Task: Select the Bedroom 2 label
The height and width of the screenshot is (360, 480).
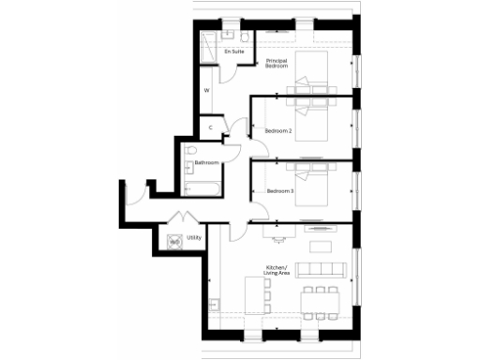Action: [279, 130]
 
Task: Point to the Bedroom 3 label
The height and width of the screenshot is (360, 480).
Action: [279, 191]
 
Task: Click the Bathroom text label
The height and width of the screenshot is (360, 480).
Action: [206, 163]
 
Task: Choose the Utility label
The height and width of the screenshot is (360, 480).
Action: [195, 238]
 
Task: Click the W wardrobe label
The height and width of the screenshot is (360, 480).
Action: [206, 91]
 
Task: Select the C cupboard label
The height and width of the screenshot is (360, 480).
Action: [211, 127]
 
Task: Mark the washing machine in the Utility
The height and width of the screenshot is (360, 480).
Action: [174, 241]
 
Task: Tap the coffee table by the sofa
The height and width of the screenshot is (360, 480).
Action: [319, 247]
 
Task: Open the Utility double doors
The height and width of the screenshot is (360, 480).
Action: [175, 221]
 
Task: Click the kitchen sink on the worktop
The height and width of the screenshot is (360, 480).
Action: [214, 306]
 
